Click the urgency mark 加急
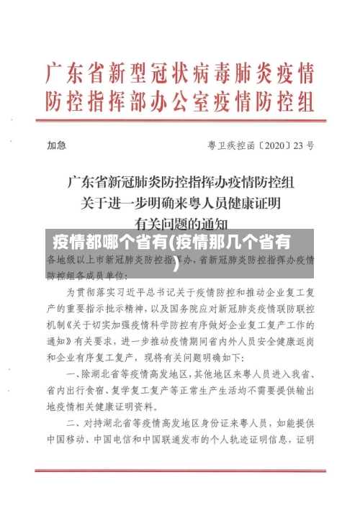tap(57, 145)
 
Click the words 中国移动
tap(67, 438)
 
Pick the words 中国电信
tap(120, 438)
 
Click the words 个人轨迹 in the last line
tap(230, 438)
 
